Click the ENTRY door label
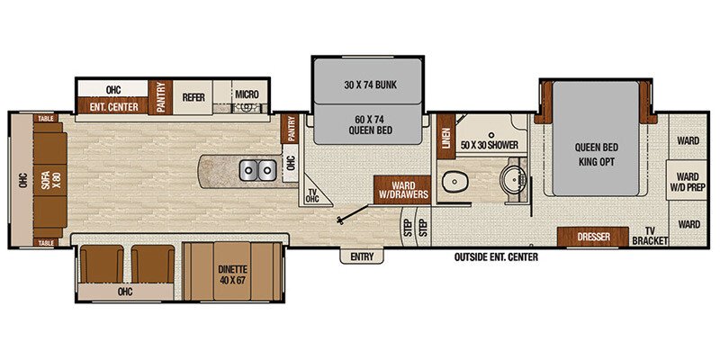pos(362,256)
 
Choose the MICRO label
pos(247,94)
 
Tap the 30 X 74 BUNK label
pos(367,85)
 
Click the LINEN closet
pos(445,139)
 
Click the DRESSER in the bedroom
pos(591,237)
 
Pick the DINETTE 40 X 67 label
pos(234,269)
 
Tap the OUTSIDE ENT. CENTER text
pos(497,257)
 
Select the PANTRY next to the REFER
pos(160,97)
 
